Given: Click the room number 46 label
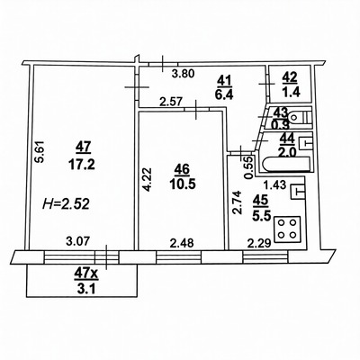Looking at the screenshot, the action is pyautogui.click(x=183, y=167).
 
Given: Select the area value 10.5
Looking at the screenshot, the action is pyautogui.click(x=183, y=183).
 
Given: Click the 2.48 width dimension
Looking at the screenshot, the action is pyautogui.click(x=181, y=240).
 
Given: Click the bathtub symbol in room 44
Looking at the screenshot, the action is pyautogui.click(x=282, y=164).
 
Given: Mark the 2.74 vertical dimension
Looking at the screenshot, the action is pyautogui.click(x=235, y=199).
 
